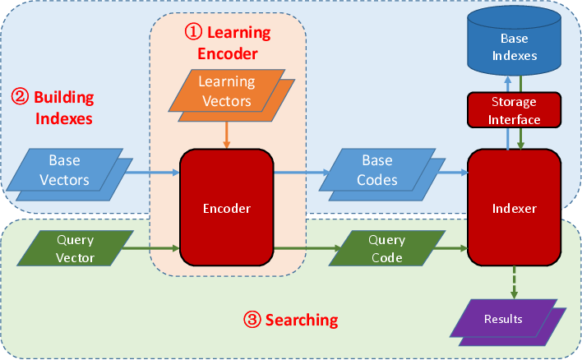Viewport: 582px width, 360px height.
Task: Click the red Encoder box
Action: pyautogui.click(x=226, y=208)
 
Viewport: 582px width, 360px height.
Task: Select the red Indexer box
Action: pyautogui.click(x=514, y=208)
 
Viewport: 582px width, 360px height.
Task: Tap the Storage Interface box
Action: pyautogui.click(x=515, y=111)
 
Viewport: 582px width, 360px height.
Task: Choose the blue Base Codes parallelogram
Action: pyautogui.click(x=379, y=170)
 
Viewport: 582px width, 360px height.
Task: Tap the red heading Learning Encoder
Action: pyautogui.click(x=228, y=44)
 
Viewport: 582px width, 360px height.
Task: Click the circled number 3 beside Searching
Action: pyautogui.click(x=252, y=318)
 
